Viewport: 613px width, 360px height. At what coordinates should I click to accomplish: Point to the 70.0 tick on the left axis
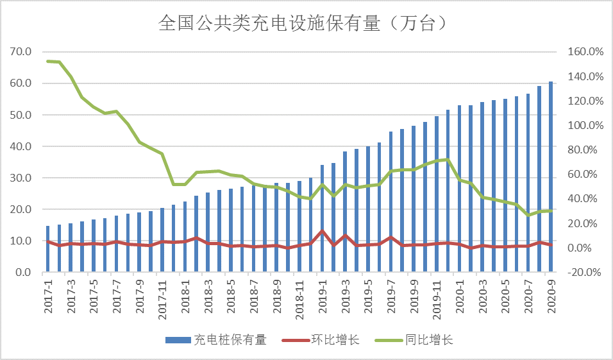[21, 51]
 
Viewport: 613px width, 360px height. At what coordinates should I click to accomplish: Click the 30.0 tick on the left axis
[21, 178]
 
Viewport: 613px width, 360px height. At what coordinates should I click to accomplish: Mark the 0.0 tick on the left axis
[24, 273]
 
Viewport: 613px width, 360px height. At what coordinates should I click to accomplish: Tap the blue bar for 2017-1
[48, 250]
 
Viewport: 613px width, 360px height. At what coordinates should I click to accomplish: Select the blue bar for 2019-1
[323, 219]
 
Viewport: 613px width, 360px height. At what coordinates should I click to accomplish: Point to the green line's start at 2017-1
[48, 61]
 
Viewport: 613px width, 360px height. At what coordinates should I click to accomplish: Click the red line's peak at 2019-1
[323, 231]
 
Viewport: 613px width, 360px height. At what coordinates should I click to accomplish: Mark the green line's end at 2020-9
[551, 210]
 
